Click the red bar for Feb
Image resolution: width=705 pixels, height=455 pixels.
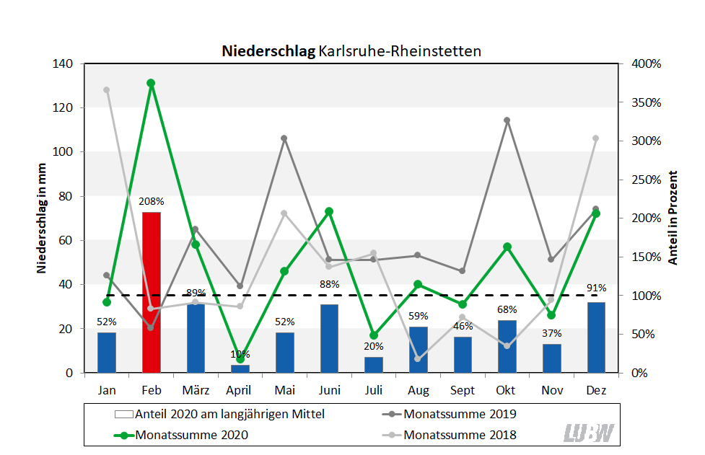point(151,292)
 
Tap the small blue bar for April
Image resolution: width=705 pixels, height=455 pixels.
point(240,368)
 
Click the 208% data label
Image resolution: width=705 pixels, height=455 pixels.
point(152,201)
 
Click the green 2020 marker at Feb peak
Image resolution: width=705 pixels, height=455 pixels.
point(151,83)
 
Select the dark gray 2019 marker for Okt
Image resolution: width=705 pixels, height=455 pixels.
point(507,120)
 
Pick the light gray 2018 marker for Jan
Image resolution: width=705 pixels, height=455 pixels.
point(107,90)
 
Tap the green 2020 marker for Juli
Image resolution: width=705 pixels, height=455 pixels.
point(374,335)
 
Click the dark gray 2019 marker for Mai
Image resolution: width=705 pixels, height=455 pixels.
point(284,138)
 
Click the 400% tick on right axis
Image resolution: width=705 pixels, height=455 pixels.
point(645,63)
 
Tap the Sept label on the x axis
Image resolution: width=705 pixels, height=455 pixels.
point(463,390)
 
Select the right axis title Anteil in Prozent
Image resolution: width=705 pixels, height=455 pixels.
point(673,218)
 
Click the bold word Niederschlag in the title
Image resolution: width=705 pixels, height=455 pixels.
point(268,51)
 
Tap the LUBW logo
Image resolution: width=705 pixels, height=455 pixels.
point(588,433)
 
